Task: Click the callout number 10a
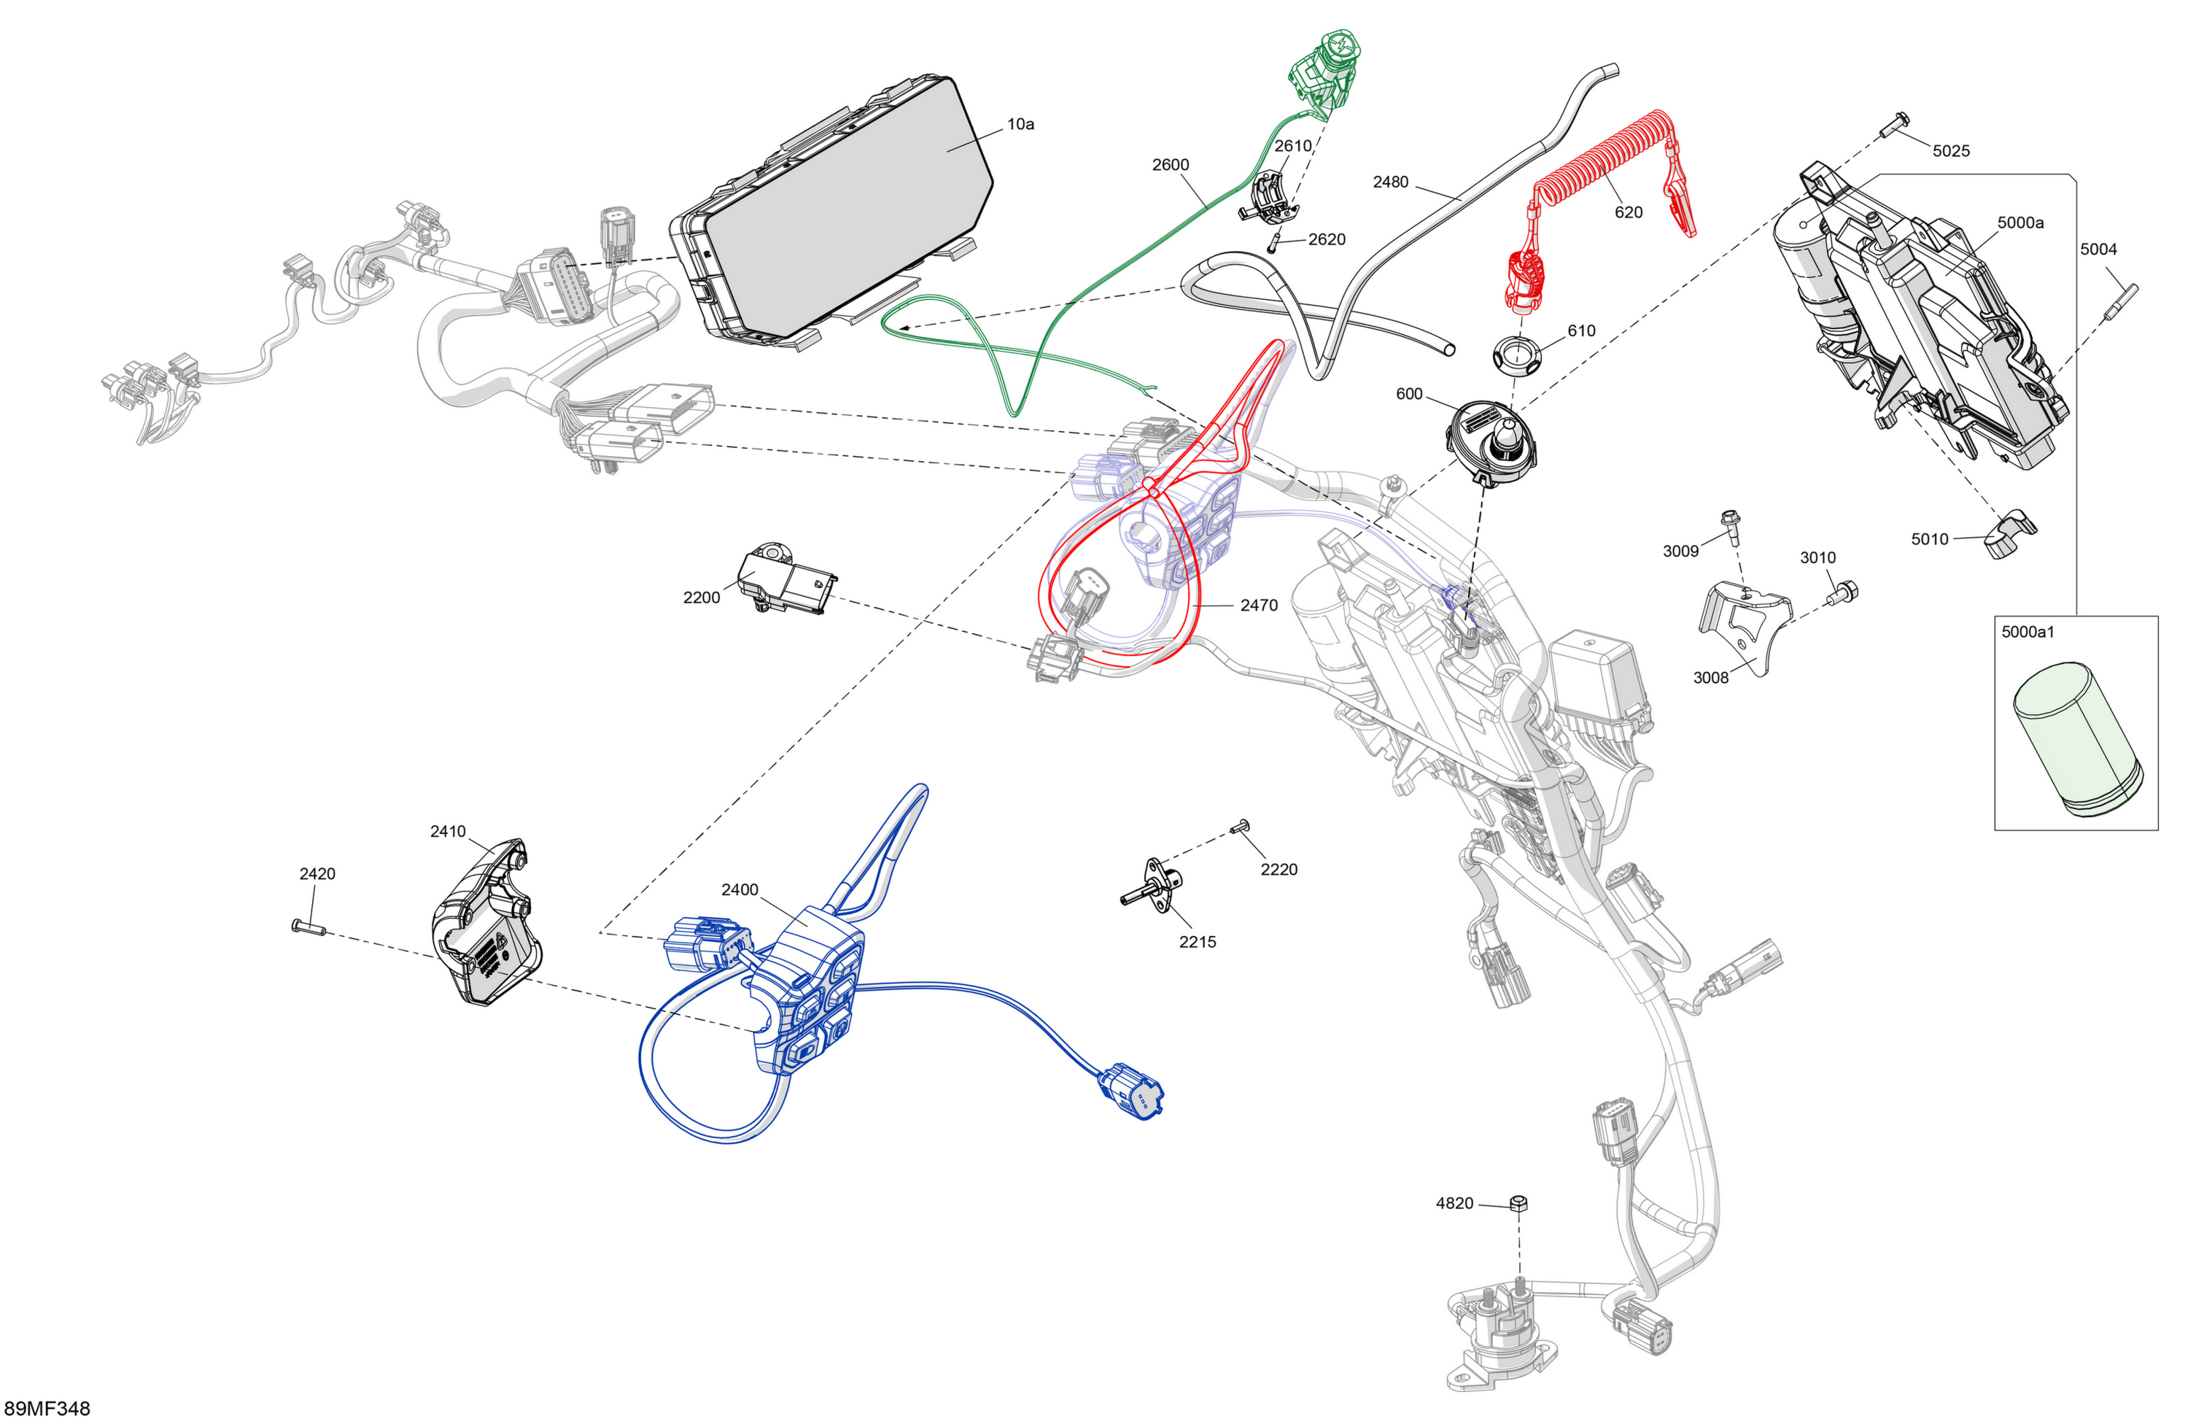click(1020, 124)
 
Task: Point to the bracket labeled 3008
click(1743, 625)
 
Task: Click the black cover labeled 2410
click(487, 921)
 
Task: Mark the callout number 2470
click(1259, 605)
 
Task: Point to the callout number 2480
click(1390, 182)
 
